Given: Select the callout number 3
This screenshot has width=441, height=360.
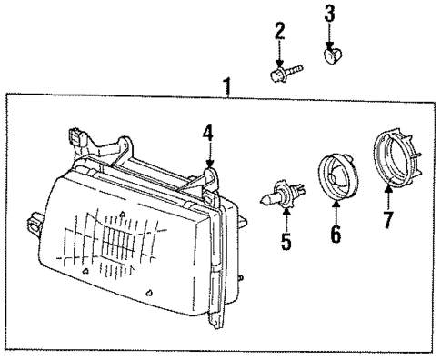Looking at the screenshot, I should pos(329,13).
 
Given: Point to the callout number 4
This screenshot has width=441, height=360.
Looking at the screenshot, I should pos(208,134).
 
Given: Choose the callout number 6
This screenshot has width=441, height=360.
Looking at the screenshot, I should pos(334,234).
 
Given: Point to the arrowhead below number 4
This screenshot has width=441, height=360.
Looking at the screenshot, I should pos(210,163).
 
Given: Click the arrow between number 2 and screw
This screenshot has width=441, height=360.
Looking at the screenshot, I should pos(279,53).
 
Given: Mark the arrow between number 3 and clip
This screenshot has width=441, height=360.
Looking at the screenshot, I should pos(329,34).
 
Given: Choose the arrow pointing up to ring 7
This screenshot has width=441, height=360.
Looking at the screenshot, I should pos(387,196).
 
